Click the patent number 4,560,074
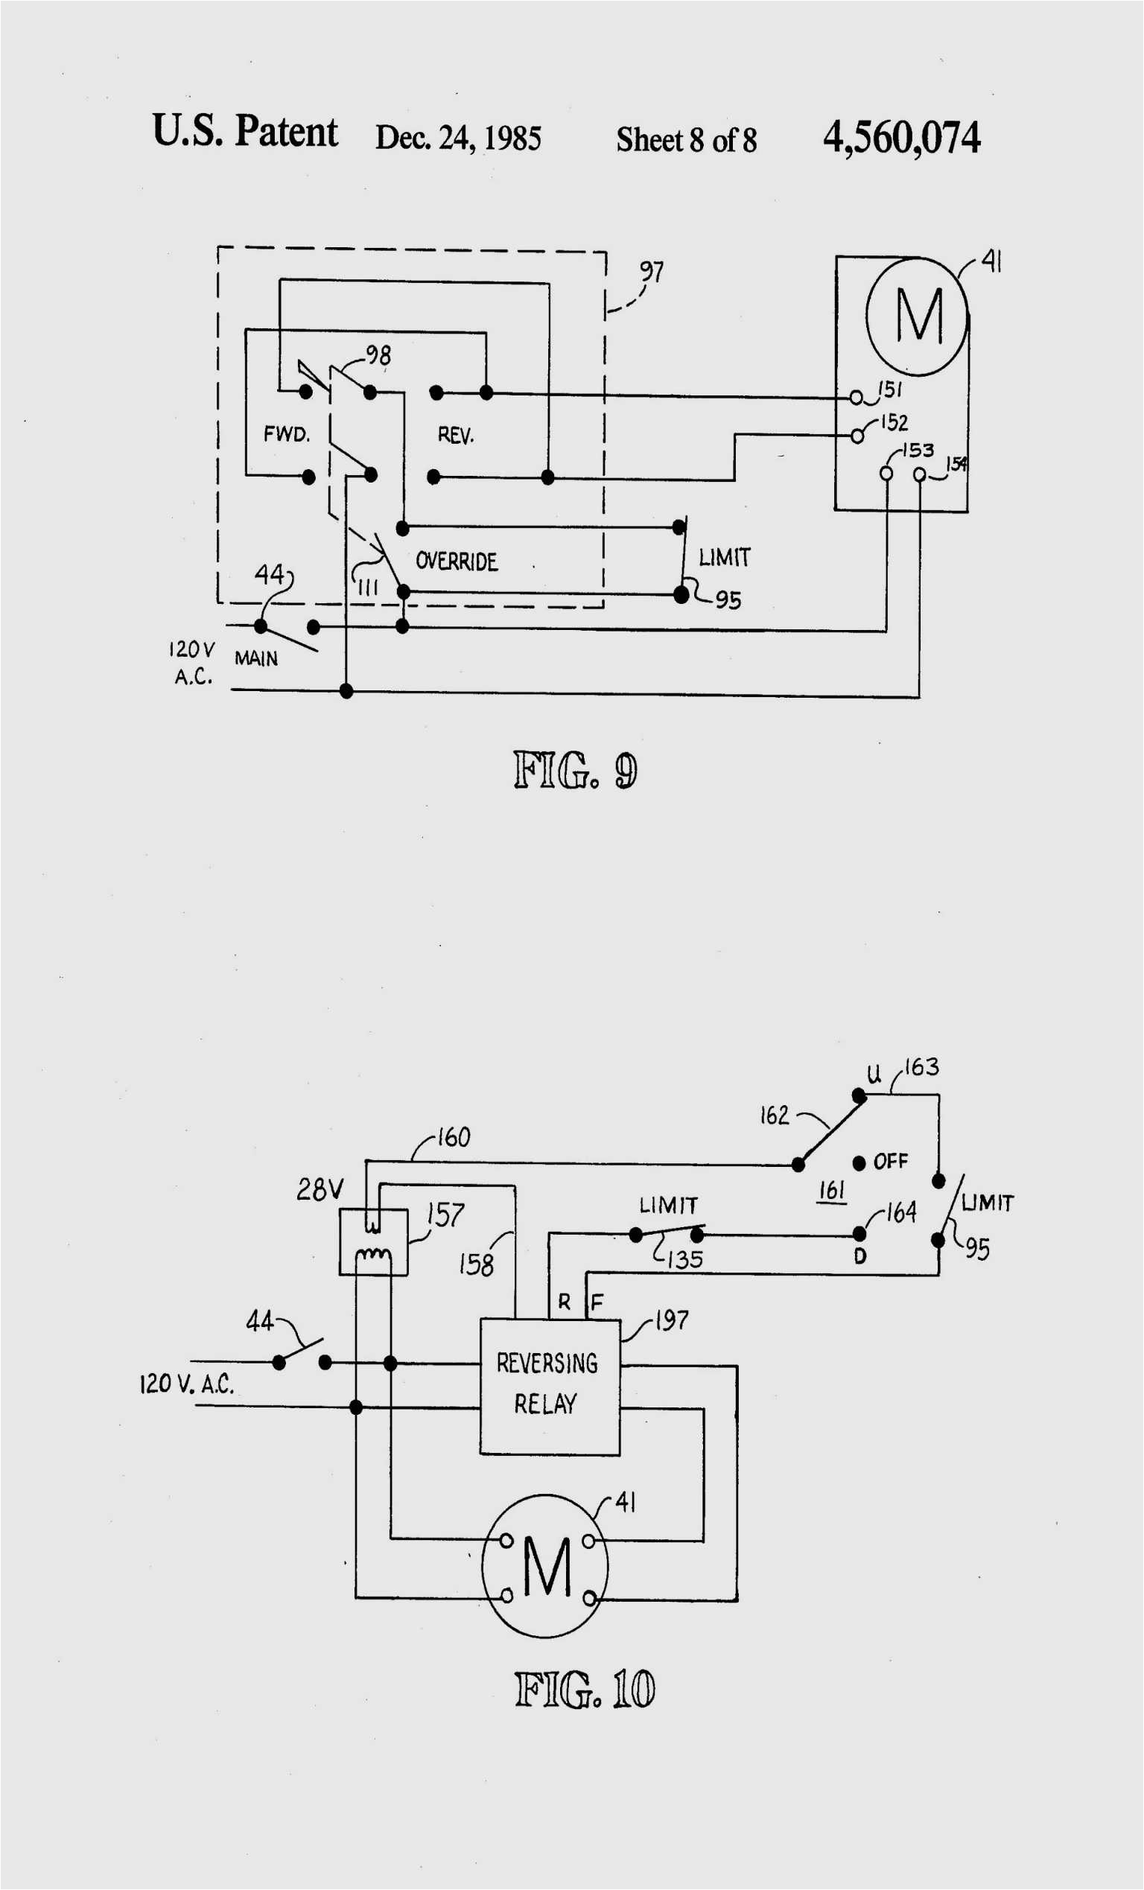[x=900, y=138]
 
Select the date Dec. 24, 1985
[x=458, y=138]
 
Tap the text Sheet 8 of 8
[x=686, y=139]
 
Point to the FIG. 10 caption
[x=584, y=1688]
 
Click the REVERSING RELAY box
[x=549, y=1386]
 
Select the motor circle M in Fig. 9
[x=918, y=315]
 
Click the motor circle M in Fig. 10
[x=545, y=1565]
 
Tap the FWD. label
[x=286, y=434]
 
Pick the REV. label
[x=456, y=436]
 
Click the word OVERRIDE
[x=457, y=561]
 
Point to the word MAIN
[x=256, y=658]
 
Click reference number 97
[x=652, y=272]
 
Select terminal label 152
[x=894, y=423]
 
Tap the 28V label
[x=320, y=1190]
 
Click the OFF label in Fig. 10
[x=890, y=1161]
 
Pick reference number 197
[x=671, y=1320]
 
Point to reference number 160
[x=454, y=1137]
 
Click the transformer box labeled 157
[x=373, y=1242]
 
